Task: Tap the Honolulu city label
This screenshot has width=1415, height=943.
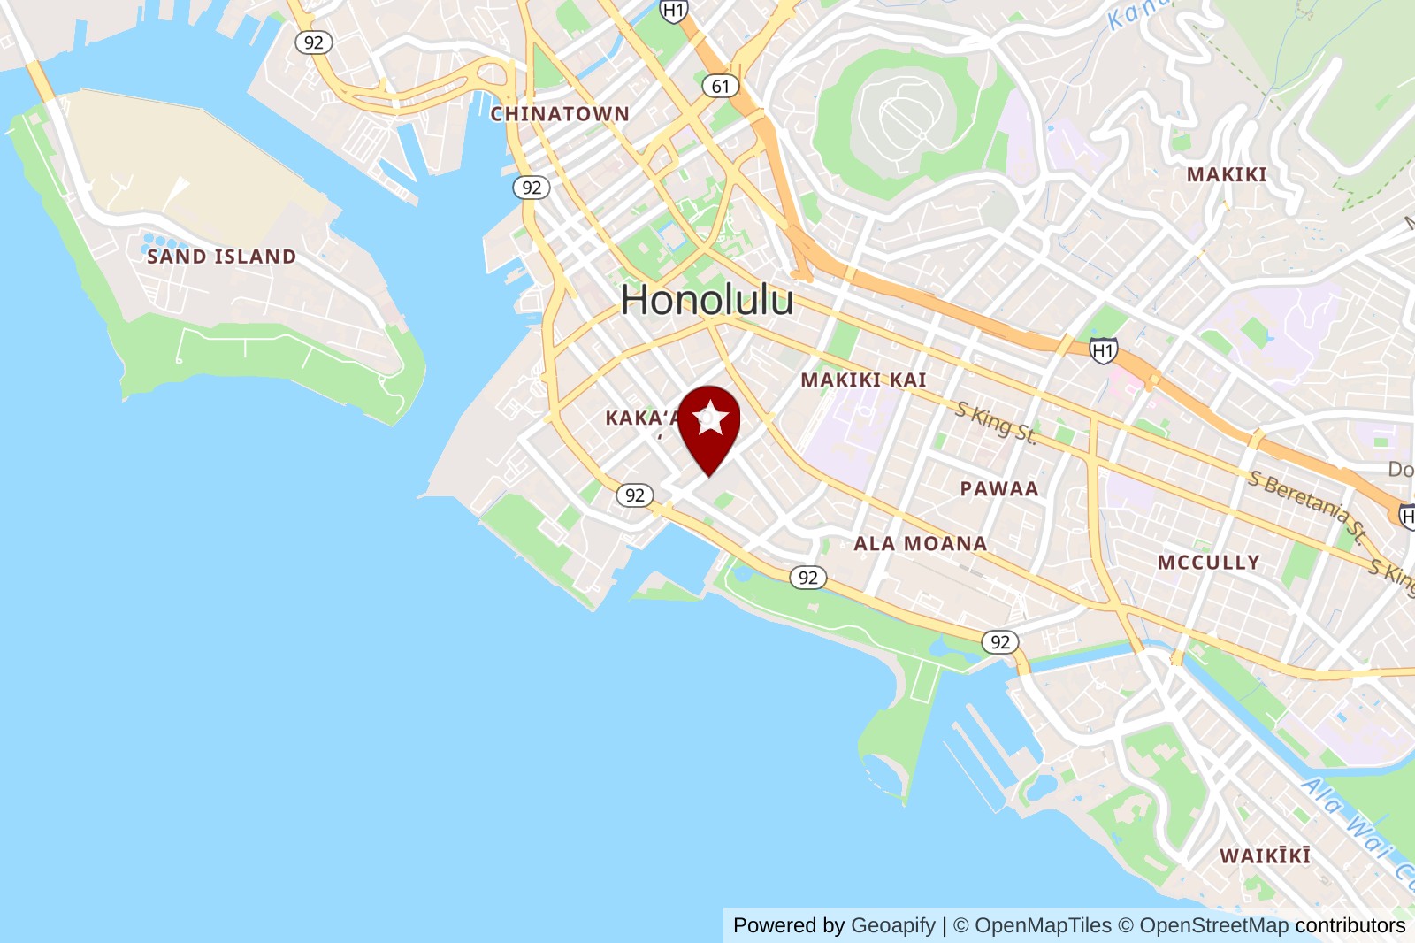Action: tap(707, 300)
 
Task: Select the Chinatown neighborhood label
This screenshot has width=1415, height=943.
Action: tap(560, 114)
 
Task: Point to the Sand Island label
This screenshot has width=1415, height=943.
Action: tap(221, 257)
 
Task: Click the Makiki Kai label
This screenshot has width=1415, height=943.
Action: tap(863, 380)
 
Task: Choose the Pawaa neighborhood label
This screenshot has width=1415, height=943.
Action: tap(999, 489)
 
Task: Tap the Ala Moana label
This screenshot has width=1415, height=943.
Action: tap(920, 544)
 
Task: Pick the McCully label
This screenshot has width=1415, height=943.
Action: tap(1208, 563)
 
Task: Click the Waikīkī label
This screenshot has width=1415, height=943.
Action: tap(1265, 856)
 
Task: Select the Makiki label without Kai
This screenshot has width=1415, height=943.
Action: tap(1227, 175)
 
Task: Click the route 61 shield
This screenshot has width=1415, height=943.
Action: tap(721, 86)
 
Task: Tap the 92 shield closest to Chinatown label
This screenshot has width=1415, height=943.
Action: tap(532, 188)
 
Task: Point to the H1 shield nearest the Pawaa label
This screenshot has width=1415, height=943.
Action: tap(1103, 351)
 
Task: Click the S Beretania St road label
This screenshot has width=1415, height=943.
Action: tap(1307, 505)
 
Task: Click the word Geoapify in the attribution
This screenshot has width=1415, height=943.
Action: tap(892, 925)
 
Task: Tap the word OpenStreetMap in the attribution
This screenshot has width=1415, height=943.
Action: tap(1213, 925)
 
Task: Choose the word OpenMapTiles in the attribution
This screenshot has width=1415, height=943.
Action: tap(1043, 925)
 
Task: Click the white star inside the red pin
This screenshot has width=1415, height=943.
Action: tap(710, 418)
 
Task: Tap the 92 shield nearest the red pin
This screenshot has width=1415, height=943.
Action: tap(635, 495)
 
